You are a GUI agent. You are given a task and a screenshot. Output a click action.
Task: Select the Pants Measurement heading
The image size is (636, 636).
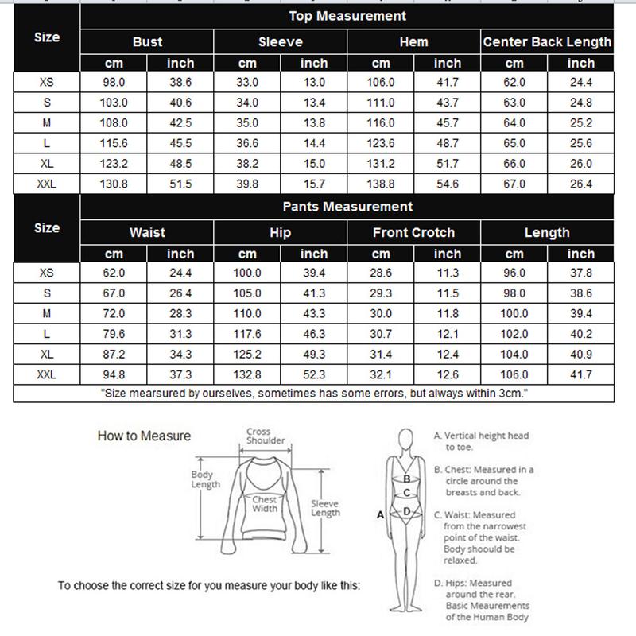click(347, 207)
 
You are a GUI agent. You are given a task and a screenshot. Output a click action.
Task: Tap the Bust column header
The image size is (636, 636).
click(147, 42)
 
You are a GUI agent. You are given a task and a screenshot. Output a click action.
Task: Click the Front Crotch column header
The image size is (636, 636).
click(413, 233)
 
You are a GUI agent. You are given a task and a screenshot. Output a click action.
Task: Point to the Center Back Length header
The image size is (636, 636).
click(547, 42)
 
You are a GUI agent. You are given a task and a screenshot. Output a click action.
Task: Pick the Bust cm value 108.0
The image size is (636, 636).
click(114, 123)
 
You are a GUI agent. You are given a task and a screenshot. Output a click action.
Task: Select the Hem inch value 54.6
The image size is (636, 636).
click(448, 184)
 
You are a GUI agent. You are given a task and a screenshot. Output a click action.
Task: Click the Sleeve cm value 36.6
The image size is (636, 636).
click(247, 144)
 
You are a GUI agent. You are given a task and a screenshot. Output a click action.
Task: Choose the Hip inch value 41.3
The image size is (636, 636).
click(314, 293)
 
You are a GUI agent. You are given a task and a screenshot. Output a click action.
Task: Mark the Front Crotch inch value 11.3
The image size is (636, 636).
click(448, 273)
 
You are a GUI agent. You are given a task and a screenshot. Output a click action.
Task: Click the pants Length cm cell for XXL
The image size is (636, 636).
click(514, 375)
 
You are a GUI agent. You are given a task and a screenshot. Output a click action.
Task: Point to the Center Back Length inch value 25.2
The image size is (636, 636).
click(581, 123)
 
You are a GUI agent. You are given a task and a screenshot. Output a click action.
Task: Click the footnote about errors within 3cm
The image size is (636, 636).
click(315, 394)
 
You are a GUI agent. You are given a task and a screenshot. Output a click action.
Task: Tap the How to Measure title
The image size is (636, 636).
click(144, 436)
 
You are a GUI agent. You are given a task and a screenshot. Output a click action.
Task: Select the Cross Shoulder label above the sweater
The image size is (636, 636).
click(266, 436)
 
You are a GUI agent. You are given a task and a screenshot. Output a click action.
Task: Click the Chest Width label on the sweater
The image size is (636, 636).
click(265, 504)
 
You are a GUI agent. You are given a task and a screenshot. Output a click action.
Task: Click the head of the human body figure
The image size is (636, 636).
click(406, 440)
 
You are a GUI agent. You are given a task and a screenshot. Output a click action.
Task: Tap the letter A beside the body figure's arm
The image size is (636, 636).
click(380, 515)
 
